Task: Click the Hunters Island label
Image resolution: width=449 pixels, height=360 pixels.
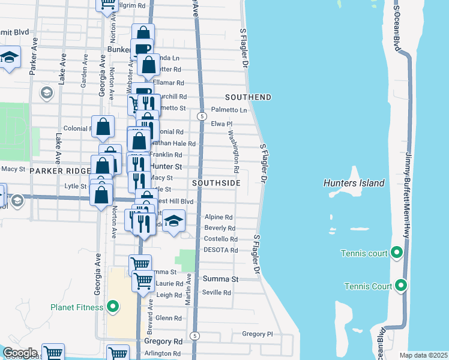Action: (354, 183)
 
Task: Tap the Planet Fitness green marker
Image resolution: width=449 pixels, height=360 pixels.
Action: (113, 308)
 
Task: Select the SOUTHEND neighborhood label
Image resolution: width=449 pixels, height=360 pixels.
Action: (248, 97)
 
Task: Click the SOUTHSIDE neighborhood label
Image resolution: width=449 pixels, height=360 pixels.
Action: (216, 182)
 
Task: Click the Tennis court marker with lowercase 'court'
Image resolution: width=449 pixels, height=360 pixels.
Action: (396, 253)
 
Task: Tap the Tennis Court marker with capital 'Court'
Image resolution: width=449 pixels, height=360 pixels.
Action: (400, 286)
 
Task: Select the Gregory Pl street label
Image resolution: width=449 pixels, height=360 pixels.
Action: (257, 334)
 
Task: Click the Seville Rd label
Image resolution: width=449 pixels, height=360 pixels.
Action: (217, 292)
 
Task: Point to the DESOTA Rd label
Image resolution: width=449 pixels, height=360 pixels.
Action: (221, 250)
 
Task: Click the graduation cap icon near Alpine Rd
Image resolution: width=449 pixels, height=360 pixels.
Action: (173, 221)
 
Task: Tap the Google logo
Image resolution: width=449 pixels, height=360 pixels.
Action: (20, 353)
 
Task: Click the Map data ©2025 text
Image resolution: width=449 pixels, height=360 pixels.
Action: (423, 355)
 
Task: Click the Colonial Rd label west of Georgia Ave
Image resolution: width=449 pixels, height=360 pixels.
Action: (77, 128)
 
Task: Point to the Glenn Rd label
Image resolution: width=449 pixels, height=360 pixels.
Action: (168, 318)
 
